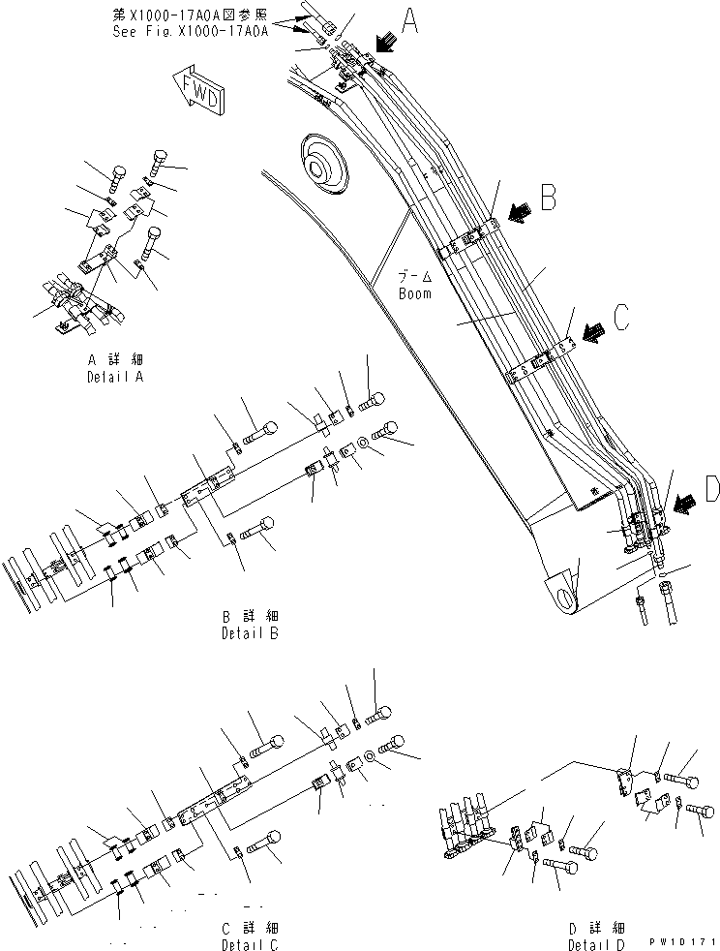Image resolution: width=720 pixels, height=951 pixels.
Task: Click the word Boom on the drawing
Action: [x=415, y=292]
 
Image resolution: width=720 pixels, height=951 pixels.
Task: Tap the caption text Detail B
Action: [x=250, y=633]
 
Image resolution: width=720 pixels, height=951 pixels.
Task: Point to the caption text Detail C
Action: [x=250, y=943]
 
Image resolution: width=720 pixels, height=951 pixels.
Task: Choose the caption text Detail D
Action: [x=596, y=943]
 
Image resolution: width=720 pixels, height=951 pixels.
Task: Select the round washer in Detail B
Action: [x=361, y=444]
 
